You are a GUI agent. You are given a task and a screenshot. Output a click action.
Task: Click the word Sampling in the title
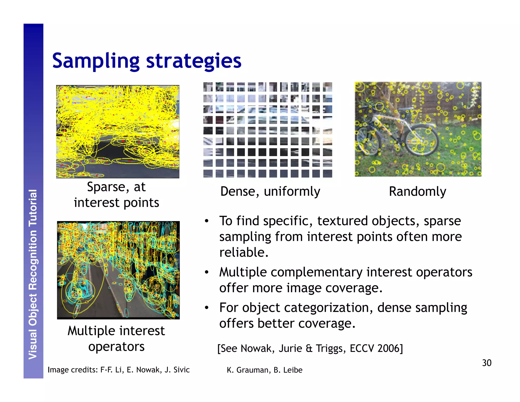pos(96,61)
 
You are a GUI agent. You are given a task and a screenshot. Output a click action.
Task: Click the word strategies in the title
pos(193,61)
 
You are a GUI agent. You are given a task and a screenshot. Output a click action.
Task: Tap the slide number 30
pos(486,363)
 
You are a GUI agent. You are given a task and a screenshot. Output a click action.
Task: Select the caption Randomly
pos(417,191)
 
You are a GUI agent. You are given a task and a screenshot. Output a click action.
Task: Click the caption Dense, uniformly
pos(270,191)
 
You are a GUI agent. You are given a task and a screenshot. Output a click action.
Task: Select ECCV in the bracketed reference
pos(362,348)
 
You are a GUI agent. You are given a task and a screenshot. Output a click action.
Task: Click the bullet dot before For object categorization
pos(207,308)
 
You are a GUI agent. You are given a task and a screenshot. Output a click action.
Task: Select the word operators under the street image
pos(116,347)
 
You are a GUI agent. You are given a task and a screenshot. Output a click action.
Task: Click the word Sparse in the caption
pos(106,187)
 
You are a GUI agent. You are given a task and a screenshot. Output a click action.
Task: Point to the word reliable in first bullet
pos(243,252)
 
